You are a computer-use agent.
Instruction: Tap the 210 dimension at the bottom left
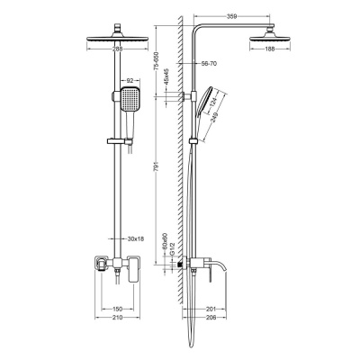click(x=117, y=318)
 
